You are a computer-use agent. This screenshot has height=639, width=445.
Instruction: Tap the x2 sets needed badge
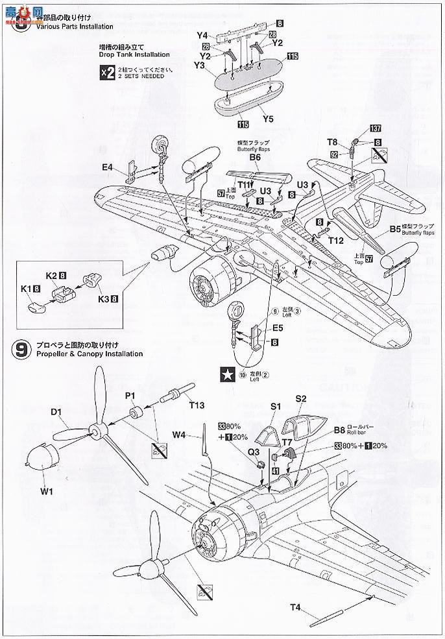[106, 73]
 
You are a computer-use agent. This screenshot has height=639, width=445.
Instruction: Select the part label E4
[107, 167]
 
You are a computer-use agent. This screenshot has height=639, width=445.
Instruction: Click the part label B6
[254, 156]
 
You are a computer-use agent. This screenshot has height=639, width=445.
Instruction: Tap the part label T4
[295, 608]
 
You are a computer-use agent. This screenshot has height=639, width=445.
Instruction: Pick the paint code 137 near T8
[375, 127]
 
